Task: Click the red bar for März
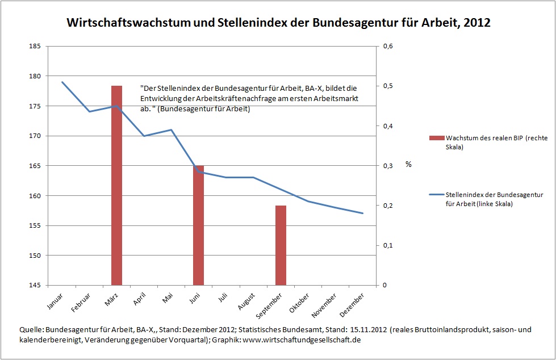coord(116,185)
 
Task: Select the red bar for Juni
coord(198,225)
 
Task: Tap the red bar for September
coord(281,245)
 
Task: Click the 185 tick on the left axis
coord(35,46)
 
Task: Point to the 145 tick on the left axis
coord(35,285)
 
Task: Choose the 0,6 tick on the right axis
coord(387,46)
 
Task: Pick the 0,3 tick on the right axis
coord(387,166)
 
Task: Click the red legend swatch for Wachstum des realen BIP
coord(436,138)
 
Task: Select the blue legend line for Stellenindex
coord(436,195)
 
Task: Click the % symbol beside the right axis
coord(408,164)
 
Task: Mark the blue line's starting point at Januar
coord(62,82)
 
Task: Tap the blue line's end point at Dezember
coord(362,214)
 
